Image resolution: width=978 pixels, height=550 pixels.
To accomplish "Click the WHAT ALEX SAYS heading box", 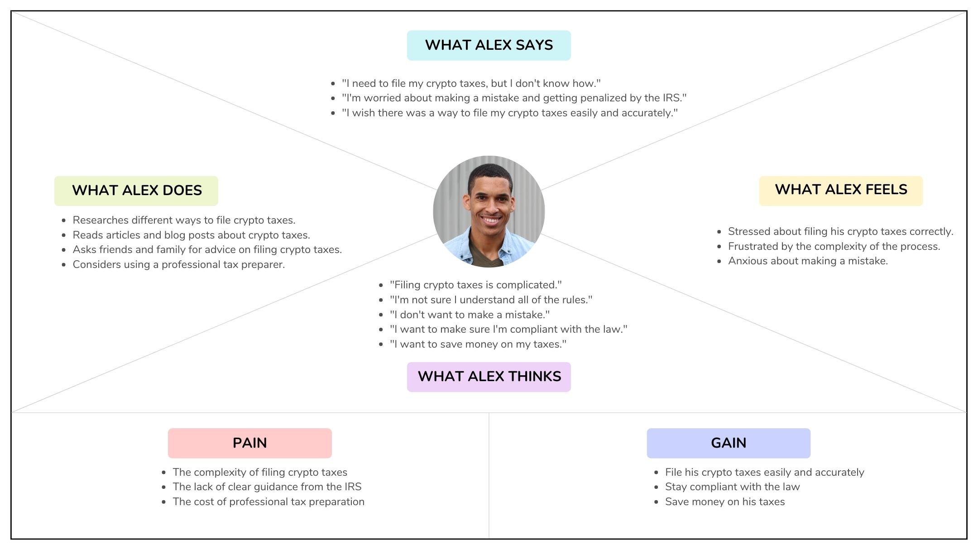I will [489, 45].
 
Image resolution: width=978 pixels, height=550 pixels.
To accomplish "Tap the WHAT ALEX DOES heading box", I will [136, 191].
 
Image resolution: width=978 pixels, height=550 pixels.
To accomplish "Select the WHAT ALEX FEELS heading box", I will [841, 191].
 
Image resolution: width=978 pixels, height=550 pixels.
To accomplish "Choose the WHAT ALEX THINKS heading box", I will [489, 377].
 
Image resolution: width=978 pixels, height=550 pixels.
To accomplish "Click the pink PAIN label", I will [249, 443].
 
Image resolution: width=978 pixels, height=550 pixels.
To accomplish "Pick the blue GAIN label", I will [728, 443].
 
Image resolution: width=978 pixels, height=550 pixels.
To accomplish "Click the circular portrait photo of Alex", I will [489, 211].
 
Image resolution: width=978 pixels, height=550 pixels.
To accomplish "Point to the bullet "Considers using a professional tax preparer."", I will [178, 264].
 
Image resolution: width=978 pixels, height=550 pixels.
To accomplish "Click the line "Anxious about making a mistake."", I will [807, 261].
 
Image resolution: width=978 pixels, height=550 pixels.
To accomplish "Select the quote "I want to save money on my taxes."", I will [478, 344].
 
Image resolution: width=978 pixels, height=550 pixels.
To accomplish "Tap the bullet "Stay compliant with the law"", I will [732, 487].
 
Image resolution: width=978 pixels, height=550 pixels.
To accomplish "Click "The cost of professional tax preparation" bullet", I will [268, 502].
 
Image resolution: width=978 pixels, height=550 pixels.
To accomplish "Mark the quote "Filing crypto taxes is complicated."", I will [475, 285].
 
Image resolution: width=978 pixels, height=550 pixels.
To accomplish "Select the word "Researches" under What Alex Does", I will [100, 220].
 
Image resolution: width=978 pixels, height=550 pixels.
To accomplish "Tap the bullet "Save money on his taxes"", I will [724, 502].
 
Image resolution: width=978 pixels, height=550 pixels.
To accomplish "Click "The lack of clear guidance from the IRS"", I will [267, 487].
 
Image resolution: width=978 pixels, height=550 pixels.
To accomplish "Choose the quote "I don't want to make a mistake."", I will [470, 315].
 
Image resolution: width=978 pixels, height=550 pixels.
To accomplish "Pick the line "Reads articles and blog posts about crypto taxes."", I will [191, 235].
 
